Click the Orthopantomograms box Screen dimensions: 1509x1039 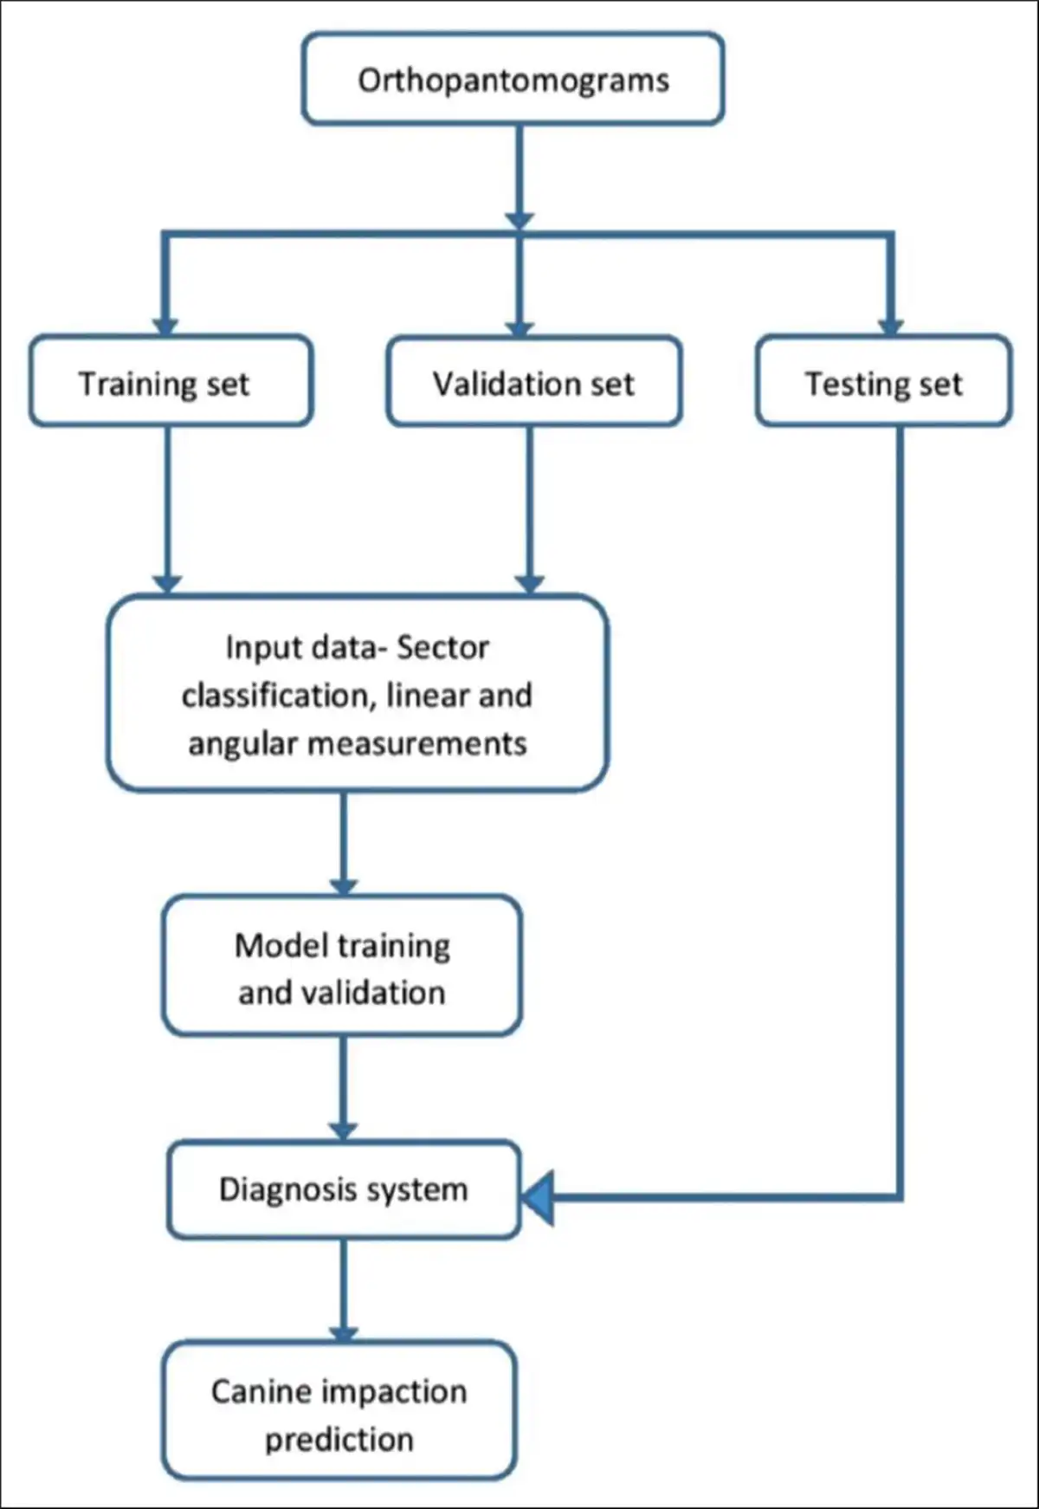513,79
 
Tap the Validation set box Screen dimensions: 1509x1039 533,381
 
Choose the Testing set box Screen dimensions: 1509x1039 883,381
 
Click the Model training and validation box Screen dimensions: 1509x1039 342,966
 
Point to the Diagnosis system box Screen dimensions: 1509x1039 343,1189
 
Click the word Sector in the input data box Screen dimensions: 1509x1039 442,647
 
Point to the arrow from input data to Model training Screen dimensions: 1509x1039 344,840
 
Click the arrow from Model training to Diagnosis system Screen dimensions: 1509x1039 344,1087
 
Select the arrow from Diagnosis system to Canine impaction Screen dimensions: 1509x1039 344,1289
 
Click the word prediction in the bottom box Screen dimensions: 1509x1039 339,1439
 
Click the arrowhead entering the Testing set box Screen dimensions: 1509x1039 890,326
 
